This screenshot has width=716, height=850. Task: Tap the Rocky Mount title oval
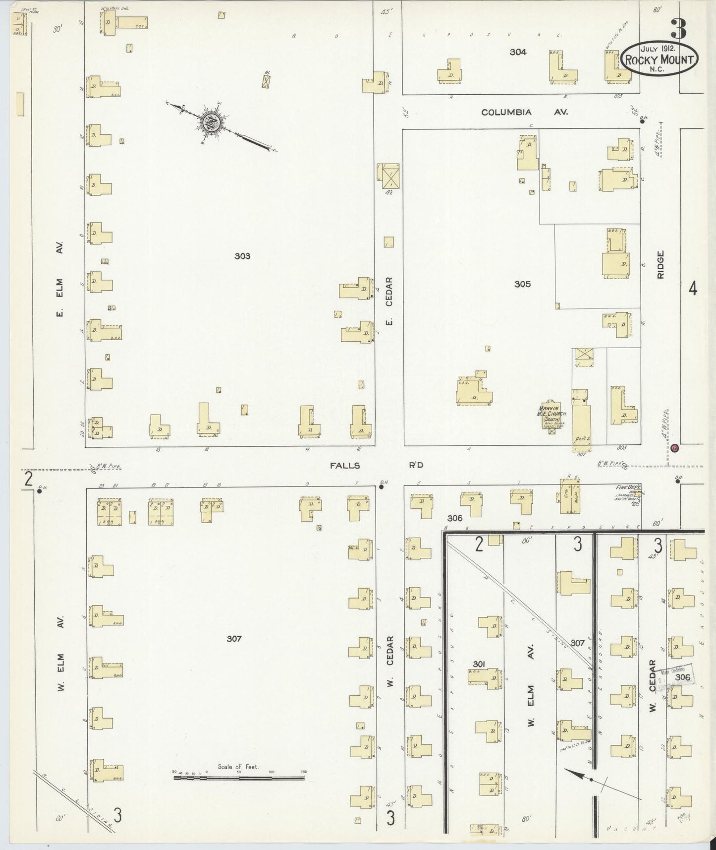[x=660, y=59]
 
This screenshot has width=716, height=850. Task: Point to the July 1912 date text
[x=660, y=49]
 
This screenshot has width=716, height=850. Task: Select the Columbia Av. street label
[x=524, y=113]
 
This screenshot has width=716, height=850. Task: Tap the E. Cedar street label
[x=389, y=301]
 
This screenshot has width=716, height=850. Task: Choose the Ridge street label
[x=660, y=264]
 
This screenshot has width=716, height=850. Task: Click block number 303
[x=242, y=256]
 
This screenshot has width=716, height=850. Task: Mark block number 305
[x=522, y=284]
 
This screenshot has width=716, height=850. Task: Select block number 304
[x=518, y=52]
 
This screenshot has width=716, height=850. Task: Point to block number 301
[x=478, y=664]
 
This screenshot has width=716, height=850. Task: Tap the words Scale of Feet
[x=238, y=767]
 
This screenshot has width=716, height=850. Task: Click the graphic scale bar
[x=239, y=778]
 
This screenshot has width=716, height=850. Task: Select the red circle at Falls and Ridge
[x=674, y=448]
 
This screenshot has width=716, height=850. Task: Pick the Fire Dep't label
[x=628, y=487]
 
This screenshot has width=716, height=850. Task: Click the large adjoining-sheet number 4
[x=693, y=288]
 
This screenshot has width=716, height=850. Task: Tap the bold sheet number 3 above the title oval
[x=678, y=29]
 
